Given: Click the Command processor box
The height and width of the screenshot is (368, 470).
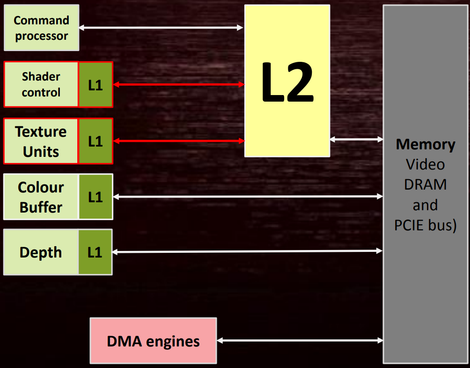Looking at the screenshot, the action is click(41, 28).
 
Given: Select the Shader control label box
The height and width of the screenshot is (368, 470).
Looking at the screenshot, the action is click(41, 84).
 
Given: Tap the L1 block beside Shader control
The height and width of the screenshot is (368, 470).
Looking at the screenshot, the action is click(95, 84).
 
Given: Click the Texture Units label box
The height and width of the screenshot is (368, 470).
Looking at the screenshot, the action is click(41, 141).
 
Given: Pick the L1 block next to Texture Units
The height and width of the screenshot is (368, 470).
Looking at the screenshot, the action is click(95, 141).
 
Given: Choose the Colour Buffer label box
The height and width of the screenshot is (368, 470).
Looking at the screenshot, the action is click(41, 197).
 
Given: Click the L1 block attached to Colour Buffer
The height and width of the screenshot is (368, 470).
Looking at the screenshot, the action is click(95, 197).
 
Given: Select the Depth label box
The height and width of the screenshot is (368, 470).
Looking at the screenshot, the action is click(41, 252).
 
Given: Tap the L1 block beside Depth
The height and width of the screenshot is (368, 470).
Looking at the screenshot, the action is click(95, 252).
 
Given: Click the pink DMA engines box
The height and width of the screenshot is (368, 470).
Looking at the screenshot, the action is click(153, 341).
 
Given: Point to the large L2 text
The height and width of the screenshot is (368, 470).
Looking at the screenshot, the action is click(287, 82).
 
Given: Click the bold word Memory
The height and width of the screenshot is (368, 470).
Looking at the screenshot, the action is click(426, 145).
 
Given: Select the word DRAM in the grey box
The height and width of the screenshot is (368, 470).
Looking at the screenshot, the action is click(426, 184).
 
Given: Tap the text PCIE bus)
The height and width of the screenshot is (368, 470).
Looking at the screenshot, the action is click(426, 225).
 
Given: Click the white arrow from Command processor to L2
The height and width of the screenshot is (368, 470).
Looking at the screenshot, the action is click(161, 28).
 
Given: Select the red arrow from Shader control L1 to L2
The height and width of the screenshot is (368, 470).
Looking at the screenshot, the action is click(179, 84).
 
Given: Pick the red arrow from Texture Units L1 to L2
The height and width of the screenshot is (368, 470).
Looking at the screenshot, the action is click(179, 140).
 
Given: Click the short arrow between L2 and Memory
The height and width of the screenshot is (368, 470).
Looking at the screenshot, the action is click(356, 139).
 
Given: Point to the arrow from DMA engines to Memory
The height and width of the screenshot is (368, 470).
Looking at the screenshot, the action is click(300, 340).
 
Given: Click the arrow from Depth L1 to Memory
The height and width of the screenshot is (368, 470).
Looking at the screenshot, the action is click(248, 251).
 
